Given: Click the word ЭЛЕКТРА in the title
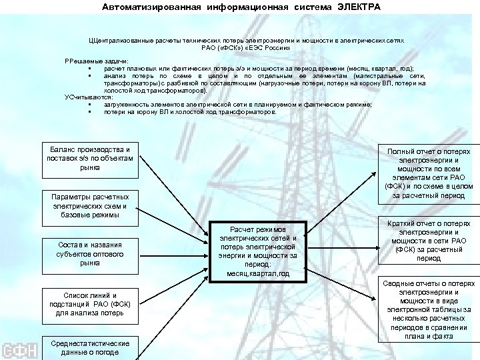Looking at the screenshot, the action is tap(359, 7).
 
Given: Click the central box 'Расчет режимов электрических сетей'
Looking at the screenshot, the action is tap(257, 251).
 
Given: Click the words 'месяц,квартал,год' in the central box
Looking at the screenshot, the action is tap(257, 273).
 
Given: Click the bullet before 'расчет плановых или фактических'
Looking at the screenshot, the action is tap(88, 69).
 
